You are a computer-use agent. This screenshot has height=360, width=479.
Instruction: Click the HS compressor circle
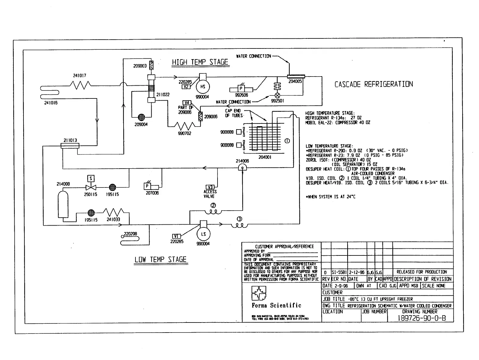coord(203,87)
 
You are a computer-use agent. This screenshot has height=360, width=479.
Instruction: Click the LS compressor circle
coord(203,234)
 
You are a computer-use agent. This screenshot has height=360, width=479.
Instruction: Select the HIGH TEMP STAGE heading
coord(200,62)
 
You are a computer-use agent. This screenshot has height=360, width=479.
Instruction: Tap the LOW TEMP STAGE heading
coord(160,260)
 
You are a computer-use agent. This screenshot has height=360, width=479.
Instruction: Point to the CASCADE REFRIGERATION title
coord(373,84)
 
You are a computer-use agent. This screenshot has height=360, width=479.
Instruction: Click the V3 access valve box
coord(210,187)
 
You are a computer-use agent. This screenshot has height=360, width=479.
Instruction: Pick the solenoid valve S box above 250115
coord(91,178)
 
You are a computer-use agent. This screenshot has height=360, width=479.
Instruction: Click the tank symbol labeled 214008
coord(63,203)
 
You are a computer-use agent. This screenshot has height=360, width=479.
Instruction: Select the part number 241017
coord(79,76)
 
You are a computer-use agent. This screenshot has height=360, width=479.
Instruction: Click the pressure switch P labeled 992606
coord(241,89)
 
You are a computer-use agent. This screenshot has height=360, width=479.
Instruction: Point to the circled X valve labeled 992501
coord(277,95)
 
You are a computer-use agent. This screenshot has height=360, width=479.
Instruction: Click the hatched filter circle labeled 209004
coord(141,117)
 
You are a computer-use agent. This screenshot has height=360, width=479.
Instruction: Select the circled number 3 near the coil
coord(239,219)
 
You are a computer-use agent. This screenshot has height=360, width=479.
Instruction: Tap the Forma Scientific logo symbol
coord(259,293)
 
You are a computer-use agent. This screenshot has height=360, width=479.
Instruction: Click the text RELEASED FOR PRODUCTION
coord(422,272)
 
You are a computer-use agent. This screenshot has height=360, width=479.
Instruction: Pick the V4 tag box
coord(187,103)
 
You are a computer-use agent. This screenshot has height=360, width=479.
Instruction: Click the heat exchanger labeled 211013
coord(70,145)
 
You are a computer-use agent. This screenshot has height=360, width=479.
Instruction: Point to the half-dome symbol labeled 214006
coord(242,167)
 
